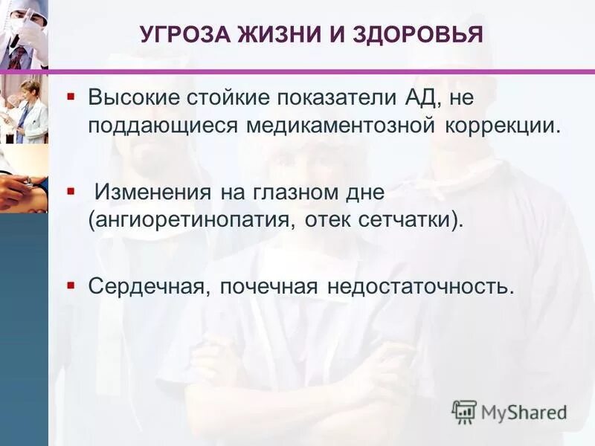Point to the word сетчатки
(x=410, y=219)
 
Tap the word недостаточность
(x=419, y=285)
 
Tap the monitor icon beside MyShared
(x=464, y=411)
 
